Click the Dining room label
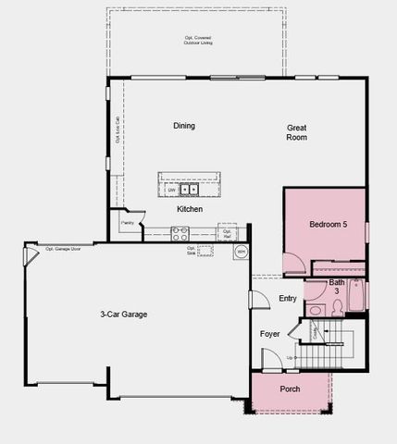(184, 125)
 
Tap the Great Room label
(296, 132)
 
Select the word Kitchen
(190, 209)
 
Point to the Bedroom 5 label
(328, 224)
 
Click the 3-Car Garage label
(124, 314)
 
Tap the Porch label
(290, 388)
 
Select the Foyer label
(269, 333)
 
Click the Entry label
(288, 298)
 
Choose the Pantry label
(127, 223)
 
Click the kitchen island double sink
(189, 190)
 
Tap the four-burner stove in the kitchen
(179, 233)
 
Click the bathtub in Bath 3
(356, 295)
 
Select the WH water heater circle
(241, 251)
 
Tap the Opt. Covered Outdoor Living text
(198, 41)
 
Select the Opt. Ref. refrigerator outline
(228, 232)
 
